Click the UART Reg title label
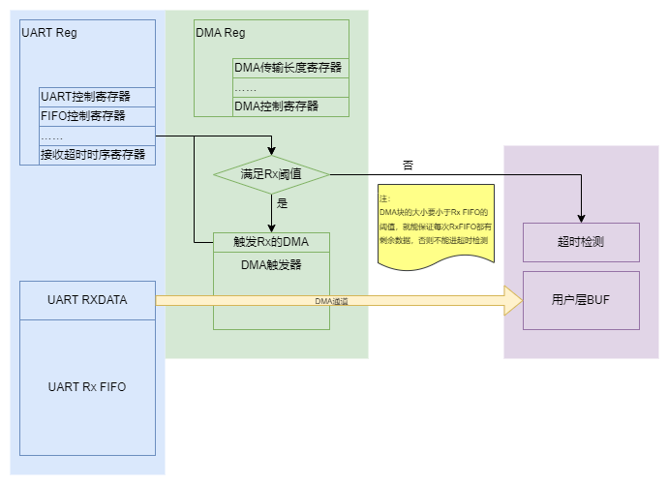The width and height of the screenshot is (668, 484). (49, 33)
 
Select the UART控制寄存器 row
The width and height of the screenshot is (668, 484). (97, 97)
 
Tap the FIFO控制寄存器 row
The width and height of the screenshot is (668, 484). (97, 115)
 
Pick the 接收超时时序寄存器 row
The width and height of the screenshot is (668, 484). (97, 154)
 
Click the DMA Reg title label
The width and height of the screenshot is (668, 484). (221, 33)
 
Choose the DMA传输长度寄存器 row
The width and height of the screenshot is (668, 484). (289, 68)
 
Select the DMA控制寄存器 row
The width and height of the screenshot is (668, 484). (289, 106)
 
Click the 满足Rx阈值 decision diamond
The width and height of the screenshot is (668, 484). (271, 175)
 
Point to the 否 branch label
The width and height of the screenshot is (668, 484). (409, 166)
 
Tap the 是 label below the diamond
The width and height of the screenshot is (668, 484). (283, 203)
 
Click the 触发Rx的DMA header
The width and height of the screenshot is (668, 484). (271, 241)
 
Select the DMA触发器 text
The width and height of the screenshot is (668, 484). (271, 263)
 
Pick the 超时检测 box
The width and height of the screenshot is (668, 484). (581, 242)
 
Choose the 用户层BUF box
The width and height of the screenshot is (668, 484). (581, 300)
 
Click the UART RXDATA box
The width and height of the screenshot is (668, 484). (87, 300)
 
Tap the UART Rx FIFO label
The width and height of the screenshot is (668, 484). (87, 386)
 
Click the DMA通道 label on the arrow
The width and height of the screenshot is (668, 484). (332, 301)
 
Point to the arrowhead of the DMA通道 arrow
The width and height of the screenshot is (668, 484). (511, 300)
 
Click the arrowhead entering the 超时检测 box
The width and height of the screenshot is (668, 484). (581, 216)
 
